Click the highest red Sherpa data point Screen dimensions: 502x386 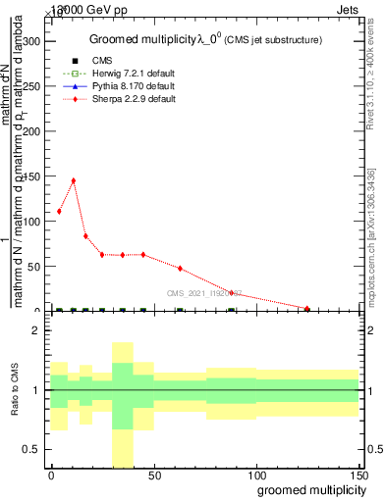coord(73,180)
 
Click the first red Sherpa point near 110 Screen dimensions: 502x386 coord(59,211)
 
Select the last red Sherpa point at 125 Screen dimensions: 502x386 coord(307,309)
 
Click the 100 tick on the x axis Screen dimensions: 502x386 coord(255,474)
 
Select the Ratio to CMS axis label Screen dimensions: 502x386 coord(14,391)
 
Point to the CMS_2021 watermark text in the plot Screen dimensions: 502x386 coord(203,292)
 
